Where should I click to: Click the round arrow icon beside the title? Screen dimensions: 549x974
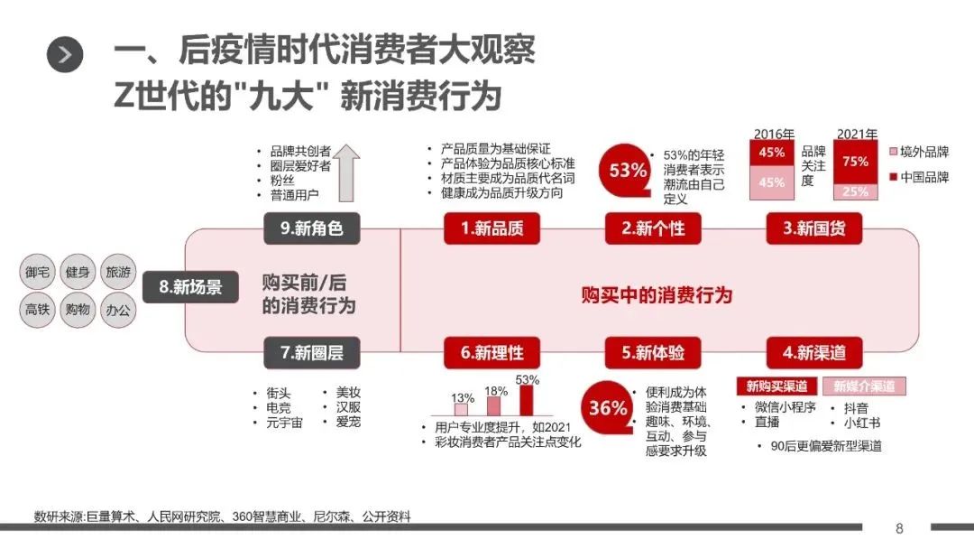pyautogui.click(x=65, y=55)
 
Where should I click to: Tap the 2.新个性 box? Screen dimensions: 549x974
pyautogui.click(x=653, y=229)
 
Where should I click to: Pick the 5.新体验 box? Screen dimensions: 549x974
pyautogui.click(x=653, y=352)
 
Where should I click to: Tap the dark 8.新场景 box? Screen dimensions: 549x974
pyautogui.click(x=190, y=288)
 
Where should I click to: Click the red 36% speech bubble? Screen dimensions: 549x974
pyautogui.click(x=608, y=408)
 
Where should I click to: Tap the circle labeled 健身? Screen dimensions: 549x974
pyautogui.click(x=78, y=271)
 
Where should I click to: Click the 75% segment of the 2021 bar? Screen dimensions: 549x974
pyautogui.click(x=855, y=162)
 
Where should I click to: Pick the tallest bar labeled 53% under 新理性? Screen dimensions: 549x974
pyautogui.click(x=527, y=399)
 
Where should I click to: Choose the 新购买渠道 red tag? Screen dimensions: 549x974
pyautogui.click(x=776, y=386)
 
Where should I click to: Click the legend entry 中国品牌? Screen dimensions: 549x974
pyautogui.click(x=918, y=177)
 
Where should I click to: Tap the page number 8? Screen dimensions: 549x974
pyautogui.click(x=898, y=528)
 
